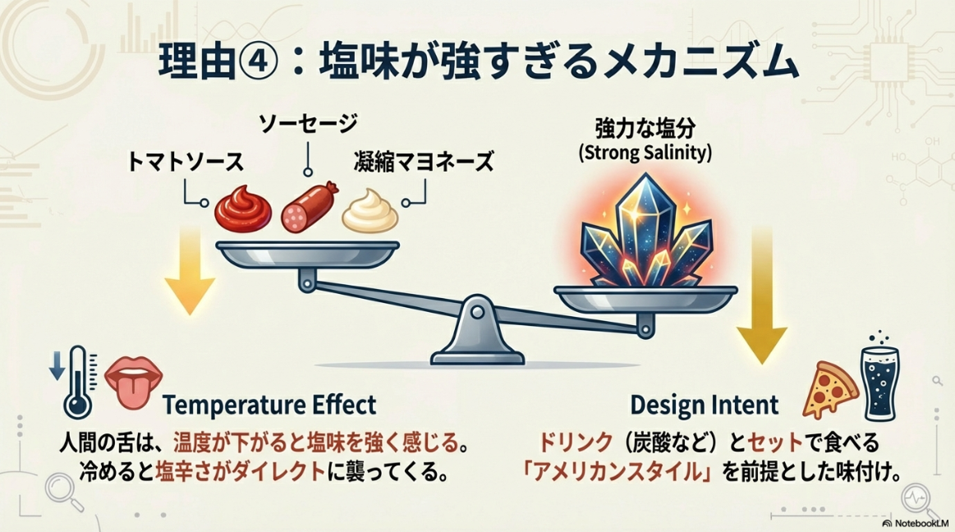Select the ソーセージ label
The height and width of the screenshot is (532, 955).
coord(308,125)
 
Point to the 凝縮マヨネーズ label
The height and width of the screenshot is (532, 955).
coord(425,161)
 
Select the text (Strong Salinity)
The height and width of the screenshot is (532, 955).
coord(645,153)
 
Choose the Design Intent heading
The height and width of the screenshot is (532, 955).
coord(704,405)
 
